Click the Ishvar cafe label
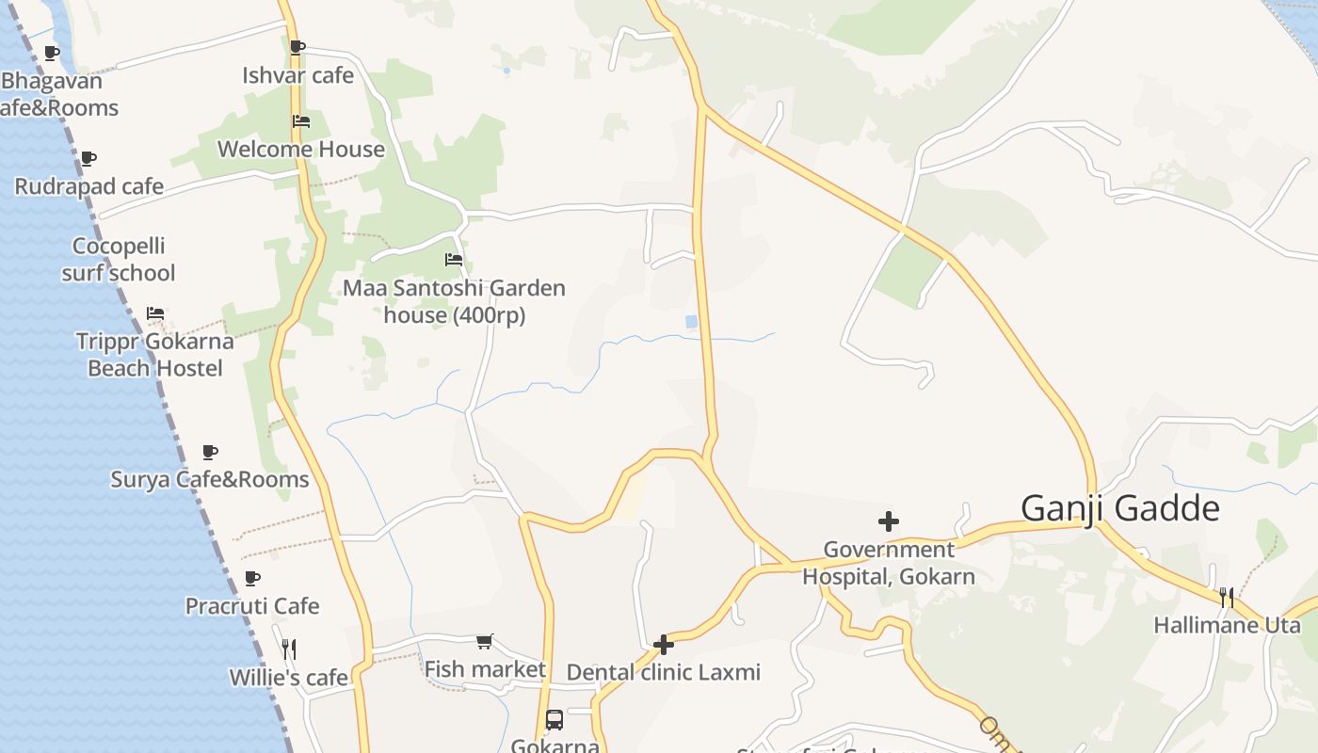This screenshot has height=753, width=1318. click(297, 75)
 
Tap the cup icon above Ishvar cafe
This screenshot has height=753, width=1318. click(297, 47)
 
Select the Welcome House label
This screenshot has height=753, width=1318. click(301, 149)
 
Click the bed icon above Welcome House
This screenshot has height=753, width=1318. click(301, 121)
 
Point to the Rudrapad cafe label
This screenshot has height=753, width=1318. click(89, 186)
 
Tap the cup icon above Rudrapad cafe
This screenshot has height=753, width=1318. click(88, 158)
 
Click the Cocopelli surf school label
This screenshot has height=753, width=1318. click(119, 260)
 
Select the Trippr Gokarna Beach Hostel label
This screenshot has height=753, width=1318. click(155, 354)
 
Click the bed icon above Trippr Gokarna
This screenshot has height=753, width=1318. click(155, 312)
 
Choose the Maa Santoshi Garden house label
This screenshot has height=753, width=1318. click(454, 301)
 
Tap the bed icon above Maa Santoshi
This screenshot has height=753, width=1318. click(454, 260)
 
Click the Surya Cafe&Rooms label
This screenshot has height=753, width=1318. click(210, 479)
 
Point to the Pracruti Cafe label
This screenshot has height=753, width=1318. click(252, 605)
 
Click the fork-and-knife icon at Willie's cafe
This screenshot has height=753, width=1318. click(289, 649)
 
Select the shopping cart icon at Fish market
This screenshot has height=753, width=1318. click(484, 642)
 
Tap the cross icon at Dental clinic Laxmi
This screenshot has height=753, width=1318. click(664, 645)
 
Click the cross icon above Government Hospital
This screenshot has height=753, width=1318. click(888, 521)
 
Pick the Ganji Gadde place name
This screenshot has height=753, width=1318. click(1120, 508)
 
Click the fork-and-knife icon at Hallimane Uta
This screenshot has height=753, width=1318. click(1227, 597)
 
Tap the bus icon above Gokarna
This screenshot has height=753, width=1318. click(555, 720)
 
